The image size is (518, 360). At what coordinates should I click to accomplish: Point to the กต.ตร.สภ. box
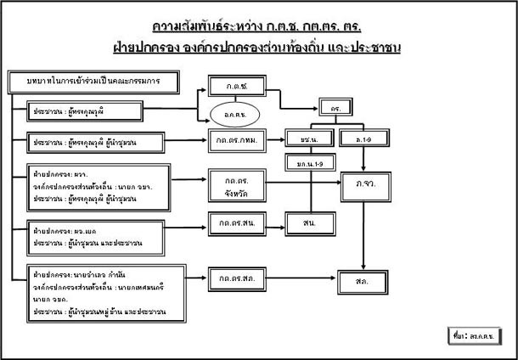[235, 278]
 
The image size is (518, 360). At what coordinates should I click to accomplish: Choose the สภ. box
[363, 278]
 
